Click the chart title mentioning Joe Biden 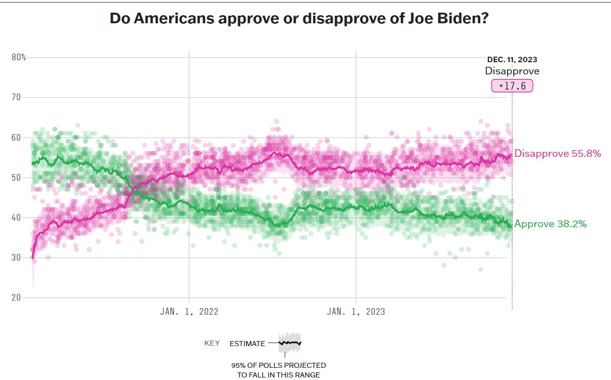[x=299, y=19]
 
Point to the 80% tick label [x=19, y=57]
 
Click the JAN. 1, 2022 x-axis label [x=189, y=312]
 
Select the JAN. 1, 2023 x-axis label [x=356, y=312]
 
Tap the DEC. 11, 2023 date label [x=512, y=60]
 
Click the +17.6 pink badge [x=512, y=86]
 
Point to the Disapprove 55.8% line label [x=557, y=153]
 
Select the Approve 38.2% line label [x=550, y=224]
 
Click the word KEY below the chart [x=212, y=344]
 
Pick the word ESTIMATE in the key [x=247, y=344]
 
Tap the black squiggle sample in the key [x=289, y=343]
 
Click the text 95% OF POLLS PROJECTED [x=279, y=365]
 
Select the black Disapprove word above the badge [x=512, y=71]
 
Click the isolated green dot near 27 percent [x=480, y=269]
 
